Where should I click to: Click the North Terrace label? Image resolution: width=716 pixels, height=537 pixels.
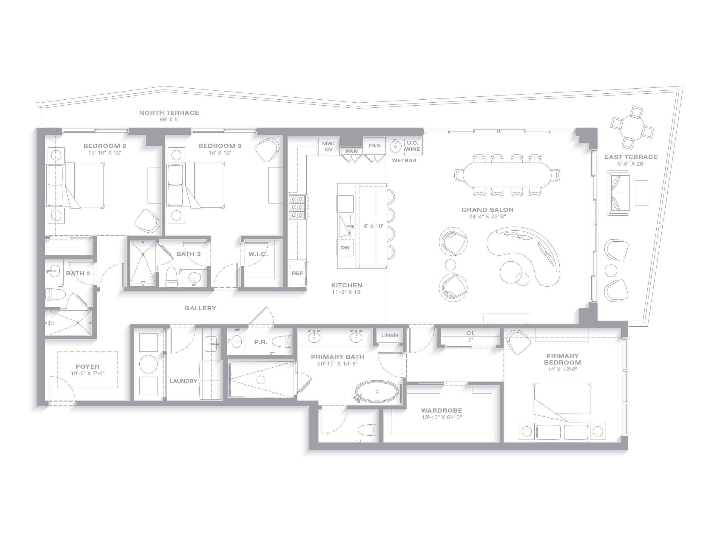[169, 113]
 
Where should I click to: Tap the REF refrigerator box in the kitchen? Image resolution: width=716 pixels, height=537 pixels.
[297, 273]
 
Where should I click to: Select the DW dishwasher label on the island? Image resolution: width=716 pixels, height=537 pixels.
[345, 248]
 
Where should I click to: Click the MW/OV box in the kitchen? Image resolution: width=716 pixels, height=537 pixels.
[328, 146]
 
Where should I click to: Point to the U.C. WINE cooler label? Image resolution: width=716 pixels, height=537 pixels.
[413, 146]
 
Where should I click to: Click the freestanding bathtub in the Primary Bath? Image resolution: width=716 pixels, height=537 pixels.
[377, 392]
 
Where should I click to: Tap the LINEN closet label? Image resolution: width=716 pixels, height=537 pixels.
[389, 335]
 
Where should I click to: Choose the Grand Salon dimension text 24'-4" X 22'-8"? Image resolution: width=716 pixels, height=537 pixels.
[487, 217]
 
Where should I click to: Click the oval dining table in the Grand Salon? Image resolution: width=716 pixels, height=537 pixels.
[507, 175]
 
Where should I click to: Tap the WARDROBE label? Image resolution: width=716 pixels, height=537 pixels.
[442, 411]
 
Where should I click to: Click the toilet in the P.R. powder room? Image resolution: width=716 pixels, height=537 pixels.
[282, 342]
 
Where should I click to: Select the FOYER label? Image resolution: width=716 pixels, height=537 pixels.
[88, 367]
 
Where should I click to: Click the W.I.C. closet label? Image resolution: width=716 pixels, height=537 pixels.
[258, 254]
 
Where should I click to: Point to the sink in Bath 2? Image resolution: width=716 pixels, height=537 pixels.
[53, 271]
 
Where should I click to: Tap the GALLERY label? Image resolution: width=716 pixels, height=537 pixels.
[200, 308]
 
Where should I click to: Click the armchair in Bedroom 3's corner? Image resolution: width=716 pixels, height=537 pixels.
[267, 150]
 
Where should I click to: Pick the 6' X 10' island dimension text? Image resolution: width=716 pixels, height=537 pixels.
[373, 226]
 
